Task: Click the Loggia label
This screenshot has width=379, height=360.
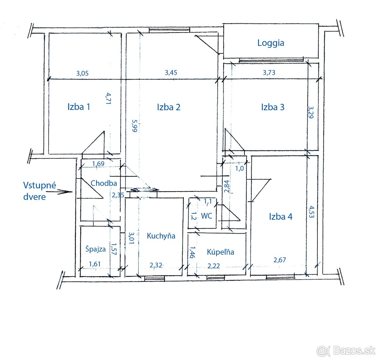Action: click(271, 43)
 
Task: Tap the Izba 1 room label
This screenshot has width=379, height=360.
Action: click(79, 107)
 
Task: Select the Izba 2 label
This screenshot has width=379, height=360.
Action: click(168, 107)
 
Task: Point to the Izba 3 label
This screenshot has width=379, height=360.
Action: click(273, 107)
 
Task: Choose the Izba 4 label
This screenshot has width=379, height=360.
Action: click(281, 217)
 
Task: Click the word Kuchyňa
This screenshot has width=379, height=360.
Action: click(161, 236)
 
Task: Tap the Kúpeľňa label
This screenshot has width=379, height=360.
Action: click(220, 252)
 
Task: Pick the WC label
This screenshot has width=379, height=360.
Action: click(207, 216)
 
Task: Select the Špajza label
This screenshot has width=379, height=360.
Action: click(95, 249)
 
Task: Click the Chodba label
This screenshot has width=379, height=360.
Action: click(104, 183)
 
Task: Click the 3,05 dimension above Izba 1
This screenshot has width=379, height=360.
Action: click(82, 73)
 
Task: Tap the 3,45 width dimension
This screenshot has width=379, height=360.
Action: click(171, 73)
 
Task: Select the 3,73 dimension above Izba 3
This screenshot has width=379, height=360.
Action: click(269, 73)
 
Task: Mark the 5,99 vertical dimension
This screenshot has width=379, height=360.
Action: click(135, 125)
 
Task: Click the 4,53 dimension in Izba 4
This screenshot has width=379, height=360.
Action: click(311, 212)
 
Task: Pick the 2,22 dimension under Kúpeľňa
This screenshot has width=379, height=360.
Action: click(214, 266)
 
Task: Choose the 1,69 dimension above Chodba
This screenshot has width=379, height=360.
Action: click(98, 164)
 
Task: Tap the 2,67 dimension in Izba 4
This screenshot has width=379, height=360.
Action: click(280, 260)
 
